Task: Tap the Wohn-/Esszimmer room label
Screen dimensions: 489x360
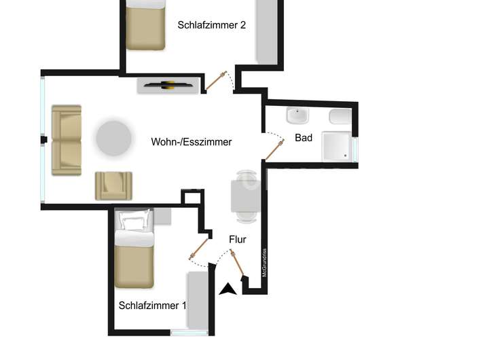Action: (192, 142)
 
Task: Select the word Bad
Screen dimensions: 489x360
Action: (304, 138)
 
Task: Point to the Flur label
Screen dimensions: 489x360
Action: (237, 240)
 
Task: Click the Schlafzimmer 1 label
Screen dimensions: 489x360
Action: (152, 306)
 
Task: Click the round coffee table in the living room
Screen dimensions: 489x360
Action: (113, 138)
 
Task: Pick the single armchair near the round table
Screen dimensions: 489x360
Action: (113, 185)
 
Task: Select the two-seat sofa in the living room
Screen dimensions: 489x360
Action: (67, 137)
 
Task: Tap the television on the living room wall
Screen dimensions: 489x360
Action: (168, 86)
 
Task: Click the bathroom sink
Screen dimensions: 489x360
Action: (297, 116)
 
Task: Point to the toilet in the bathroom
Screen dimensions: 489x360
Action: (340, 117)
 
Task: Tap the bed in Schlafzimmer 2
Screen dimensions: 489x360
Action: (145, 24)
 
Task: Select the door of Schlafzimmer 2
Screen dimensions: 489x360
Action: (217, 81)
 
